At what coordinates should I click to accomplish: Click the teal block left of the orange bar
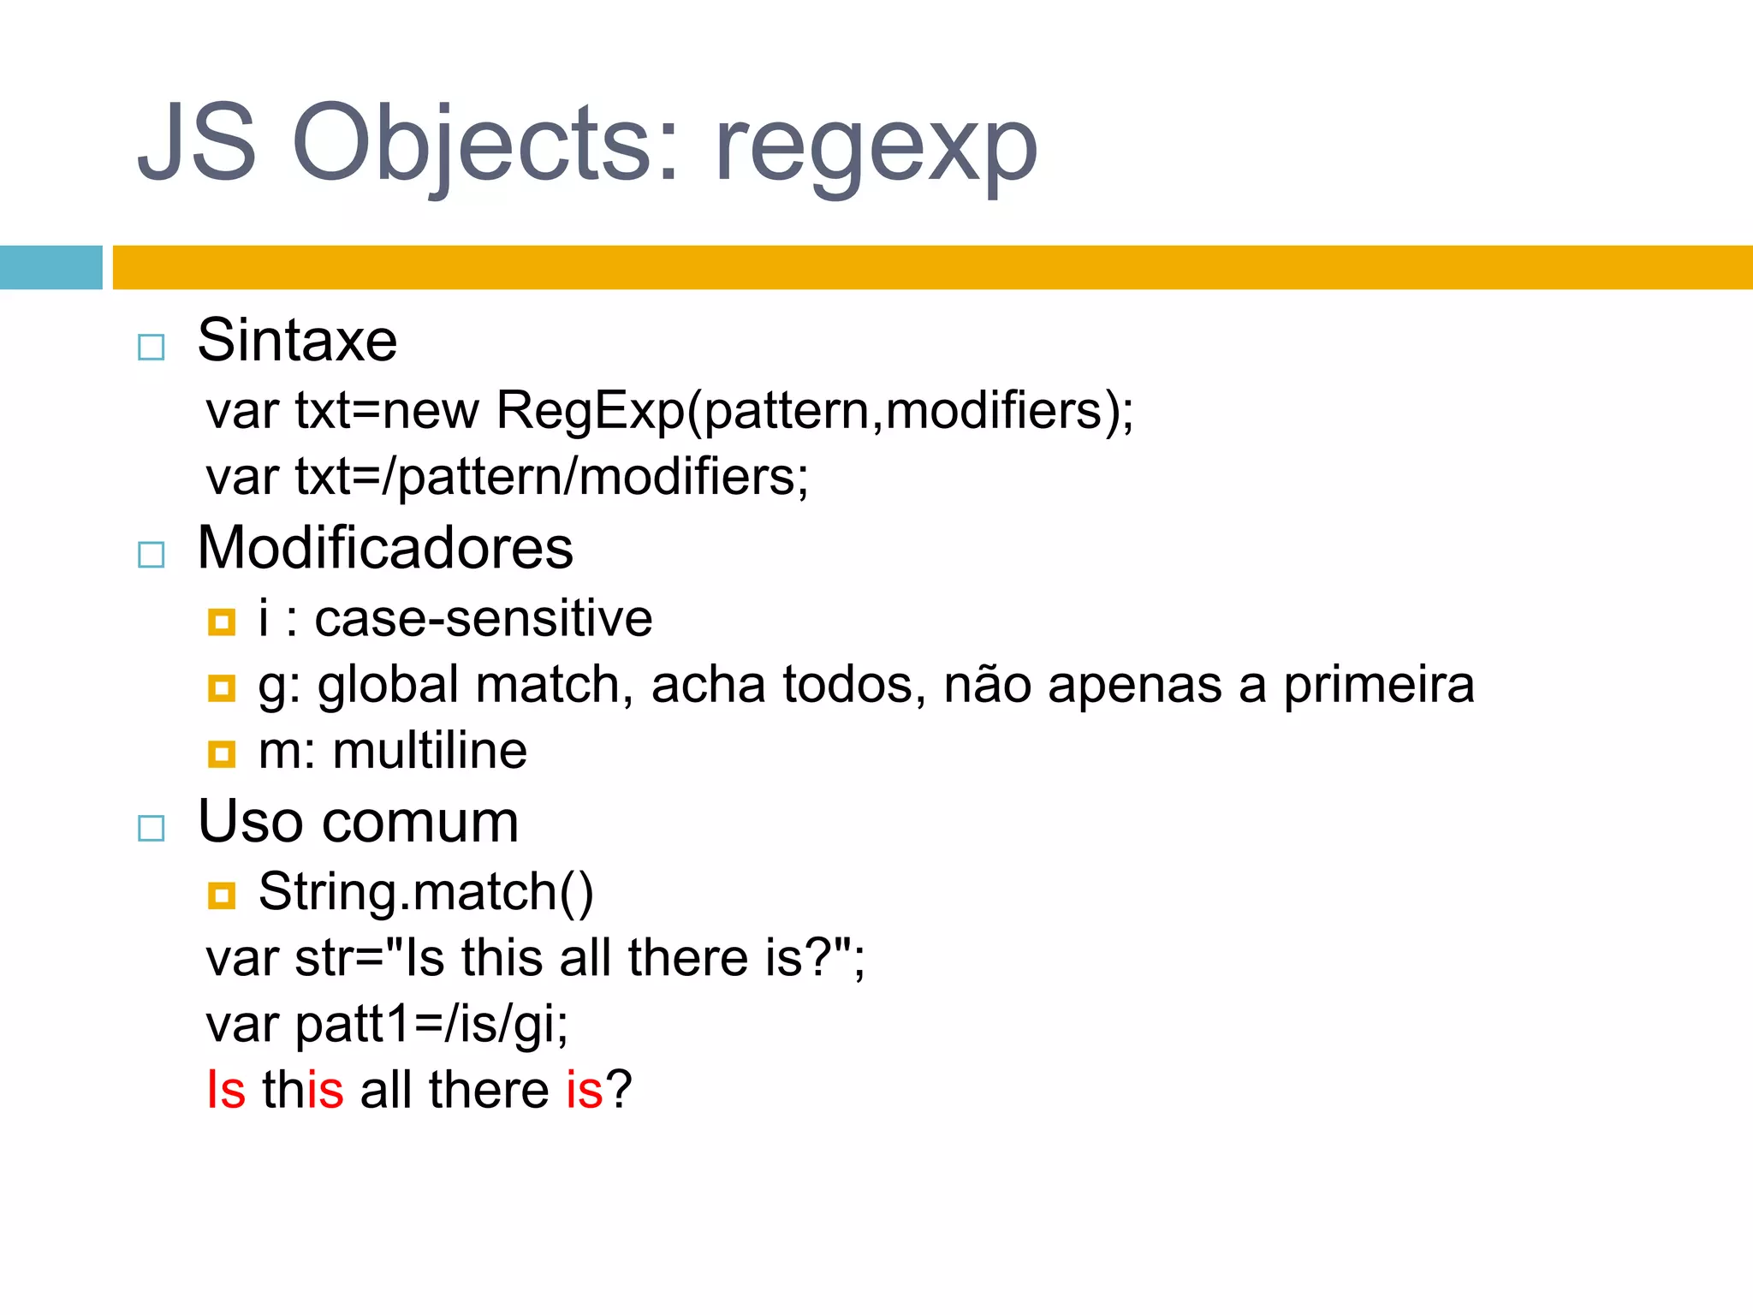(51, 267)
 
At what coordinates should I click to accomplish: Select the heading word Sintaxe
(297, 340)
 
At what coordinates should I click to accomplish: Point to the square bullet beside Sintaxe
(152, 347)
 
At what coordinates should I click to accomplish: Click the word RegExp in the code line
(591, 410)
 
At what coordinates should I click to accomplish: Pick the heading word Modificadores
(385, 548)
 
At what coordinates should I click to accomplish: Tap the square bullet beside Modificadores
(152, 555)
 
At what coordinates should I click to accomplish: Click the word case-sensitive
(484, 618)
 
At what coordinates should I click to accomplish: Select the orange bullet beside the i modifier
(222, 622)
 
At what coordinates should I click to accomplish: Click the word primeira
(1379, 685)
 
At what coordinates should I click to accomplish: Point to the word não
(987, 685)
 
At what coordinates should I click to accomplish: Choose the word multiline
(430, 751)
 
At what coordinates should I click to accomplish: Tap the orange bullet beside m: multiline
(222, 754)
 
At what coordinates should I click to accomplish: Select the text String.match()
(425, 892)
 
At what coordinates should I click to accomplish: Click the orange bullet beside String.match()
(222, 896)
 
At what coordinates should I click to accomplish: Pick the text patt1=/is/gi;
(431, 1024)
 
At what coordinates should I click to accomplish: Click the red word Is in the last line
(226, 1090)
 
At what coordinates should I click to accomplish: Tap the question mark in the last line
(619, 1090)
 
